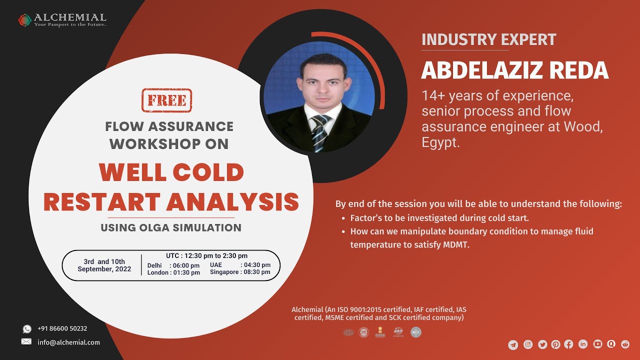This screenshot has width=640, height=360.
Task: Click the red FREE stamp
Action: pyautogui.click(x=167, y=100)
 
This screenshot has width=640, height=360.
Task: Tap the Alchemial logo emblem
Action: pyautogui.click(x=24, y=20)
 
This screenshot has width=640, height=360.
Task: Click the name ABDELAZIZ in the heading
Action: pyautogui.click(x=482, y=70)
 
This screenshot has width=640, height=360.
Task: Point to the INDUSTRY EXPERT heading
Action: pyautogui.click(x=488, y=40)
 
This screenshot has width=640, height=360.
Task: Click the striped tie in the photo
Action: pyautogui.click(x=318, y=132)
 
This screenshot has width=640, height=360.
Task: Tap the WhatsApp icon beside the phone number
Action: pyautogui.click(x=26, y=329)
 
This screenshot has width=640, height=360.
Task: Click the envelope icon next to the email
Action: pyautogui.click(x=26, y=342)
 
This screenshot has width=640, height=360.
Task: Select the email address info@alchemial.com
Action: pyautogui.click(x=68, y=342)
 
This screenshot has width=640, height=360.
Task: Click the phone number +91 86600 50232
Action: pyautogui.click(x=62, y=329)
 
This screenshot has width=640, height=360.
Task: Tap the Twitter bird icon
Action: pyautogui.click(x=542, y=344)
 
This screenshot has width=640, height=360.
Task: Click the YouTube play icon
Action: pyautogui.click(x=597, y=344)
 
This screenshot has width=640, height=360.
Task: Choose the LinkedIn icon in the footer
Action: pyautogui.click(x=583, y=344)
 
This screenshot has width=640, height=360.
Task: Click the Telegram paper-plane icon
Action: pyautogui.click(x=513, y=344)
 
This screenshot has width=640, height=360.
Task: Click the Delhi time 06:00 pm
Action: pyautogui.click(x=186, y=265)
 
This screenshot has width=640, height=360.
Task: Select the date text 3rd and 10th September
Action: pyautogui.click(x=104, y=265)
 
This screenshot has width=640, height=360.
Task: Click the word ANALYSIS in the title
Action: pyautogui.click(x=232, y=201)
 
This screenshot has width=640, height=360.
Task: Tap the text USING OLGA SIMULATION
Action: pyautogui.click(x=171, y=228)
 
